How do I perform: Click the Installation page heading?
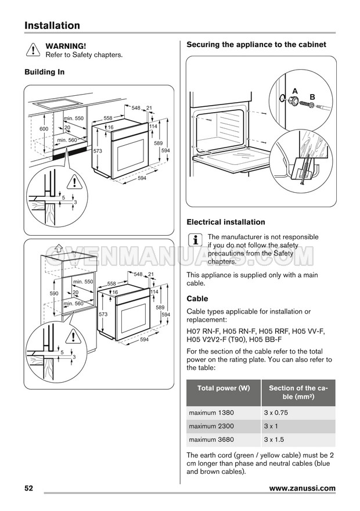point(52,26)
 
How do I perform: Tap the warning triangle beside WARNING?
point(33,51)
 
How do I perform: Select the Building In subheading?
point(44,72)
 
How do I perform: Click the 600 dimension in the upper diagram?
point(44,128)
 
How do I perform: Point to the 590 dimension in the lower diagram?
point(54,294)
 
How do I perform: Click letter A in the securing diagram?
point(294,91)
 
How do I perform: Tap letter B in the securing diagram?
point(312,96)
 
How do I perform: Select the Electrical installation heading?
point(225,222)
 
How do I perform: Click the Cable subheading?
point(198,298)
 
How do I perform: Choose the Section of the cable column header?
point(298,393)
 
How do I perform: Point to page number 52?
point(29,488)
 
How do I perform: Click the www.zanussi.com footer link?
point(302,488)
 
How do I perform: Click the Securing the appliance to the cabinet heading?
point(256,45)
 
